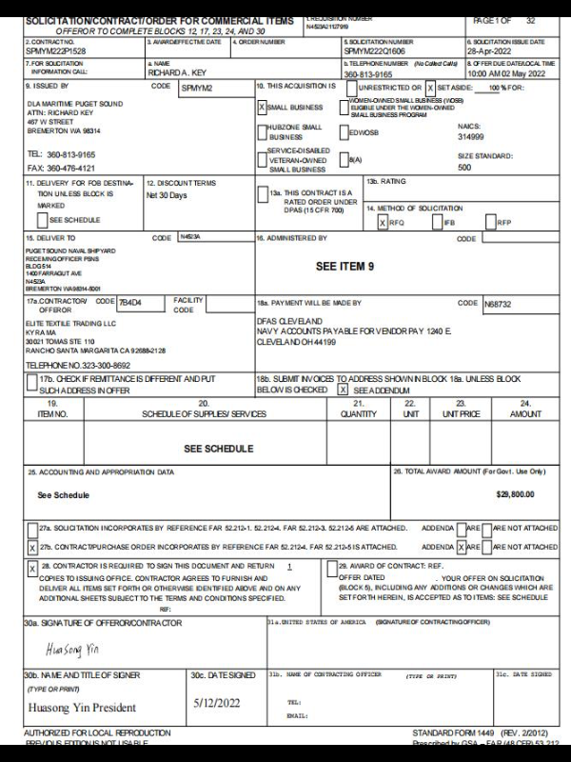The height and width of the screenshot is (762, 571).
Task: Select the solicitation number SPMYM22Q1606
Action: point(375,50)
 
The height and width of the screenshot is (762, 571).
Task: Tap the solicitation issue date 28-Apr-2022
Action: point(491,50)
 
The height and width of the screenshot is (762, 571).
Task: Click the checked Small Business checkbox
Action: point(263,108)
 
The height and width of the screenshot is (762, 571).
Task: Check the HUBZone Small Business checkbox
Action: point(263,130)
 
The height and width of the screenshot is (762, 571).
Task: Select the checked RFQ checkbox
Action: point(383,222)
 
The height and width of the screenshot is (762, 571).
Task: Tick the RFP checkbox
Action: point(490,222)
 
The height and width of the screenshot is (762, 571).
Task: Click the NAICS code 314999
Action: point(471,136)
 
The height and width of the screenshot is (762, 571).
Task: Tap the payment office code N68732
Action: point(498,304)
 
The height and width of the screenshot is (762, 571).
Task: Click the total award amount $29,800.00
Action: point(515,493)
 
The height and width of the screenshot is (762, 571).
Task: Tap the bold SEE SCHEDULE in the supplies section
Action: point(218,448)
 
